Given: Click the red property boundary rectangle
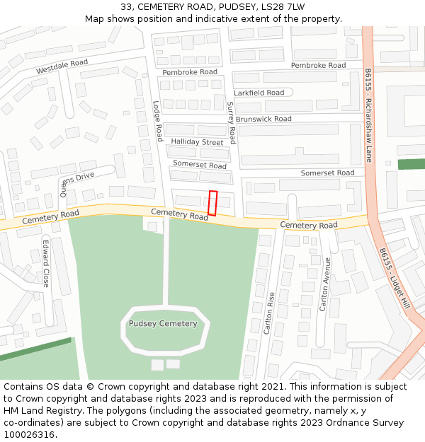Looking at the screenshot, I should (212, 203).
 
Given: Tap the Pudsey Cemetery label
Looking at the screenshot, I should (163, 324).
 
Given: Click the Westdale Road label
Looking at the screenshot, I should (62, 67).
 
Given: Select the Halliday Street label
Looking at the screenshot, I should (197, 142).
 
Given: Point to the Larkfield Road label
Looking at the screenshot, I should (259, 93).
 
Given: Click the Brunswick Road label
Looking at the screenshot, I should (263, 120).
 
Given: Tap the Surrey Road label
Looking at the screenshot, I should (231, 122).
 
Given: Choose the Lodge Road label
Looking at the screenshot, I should (158, 120).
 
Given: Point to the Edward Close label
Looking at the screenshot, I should (46, 263).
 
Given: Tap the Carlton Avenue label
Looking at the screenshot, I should (325, 284).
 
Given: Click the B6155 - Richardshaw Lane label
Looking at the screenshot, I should (368, 115).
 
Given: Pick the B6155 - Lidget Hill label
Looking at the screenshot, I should (394, 279).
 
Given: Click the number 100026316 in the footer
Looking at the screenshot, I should (28, 435).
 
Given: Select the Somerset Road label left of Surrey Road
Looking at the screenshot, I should (200, 165).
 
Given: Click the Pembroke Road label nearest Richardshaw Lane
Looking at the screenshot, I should (318, 65).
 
